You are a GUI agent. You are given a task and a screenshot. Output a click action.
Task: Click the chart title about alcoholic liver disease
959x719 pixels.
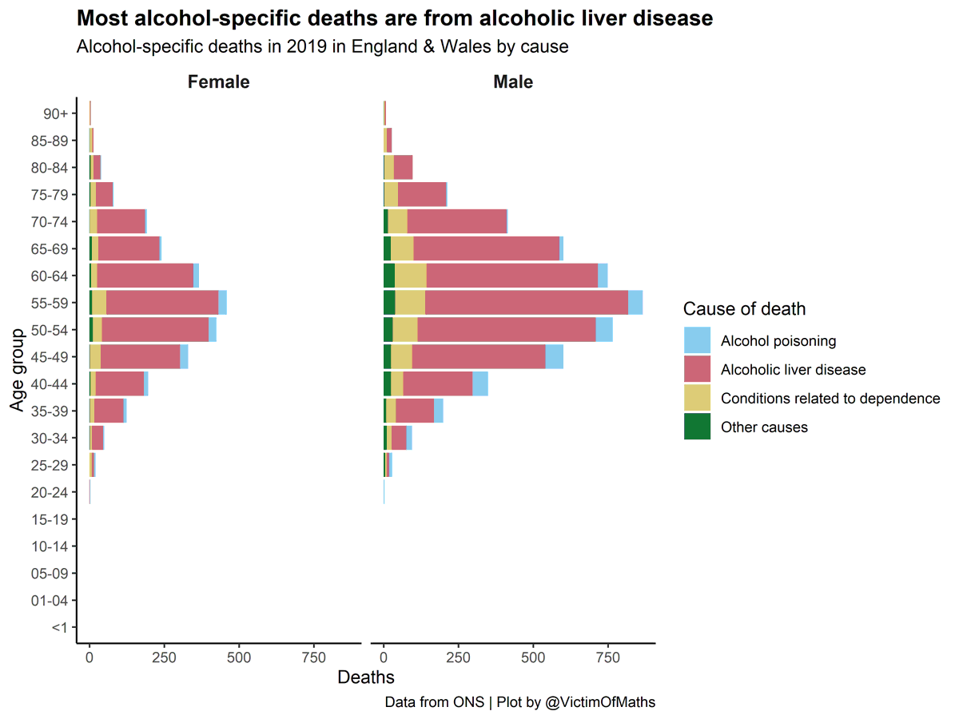394,18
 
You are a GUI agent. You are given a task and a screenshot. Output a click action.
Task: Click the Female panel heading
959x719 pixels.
218,81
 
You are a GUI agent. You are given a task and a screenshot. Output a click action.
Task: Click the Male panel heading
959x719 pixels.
512,81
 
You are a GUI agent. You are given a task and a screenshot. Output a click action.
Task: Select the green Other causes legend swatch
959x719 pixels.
697,427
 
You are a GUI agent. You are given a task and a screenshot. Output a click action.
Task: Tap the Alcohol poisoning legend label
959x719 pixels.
778,341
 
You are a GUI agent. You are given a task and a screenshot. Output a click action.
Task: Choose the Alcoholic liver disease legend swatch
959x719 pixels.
697,369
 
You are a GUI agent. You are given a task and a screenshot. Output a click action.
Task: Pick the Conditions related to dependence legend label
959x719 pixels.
830,399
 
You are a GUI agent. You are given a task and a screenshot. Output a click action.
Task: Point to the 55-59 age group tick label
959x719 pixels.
49,303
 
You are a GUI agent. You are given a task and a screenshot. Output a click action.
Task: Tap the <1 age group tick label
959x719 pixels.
59,628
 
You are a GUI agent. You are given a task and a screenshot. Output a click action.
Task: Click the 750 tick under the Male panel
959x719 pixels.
607,657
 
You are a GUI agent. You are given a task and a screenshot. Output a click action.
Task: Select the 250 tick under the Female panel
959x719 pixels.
164,657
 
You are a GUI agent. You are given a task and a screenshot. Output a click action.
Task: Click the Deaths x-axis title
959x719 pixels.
365,677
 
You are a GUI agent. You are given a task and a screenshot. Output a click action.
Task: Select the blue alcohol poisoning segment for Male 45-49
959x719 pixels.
554,356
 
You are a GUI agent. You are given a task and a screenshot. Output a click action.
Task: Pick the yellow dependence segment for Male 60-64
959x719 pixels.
410,276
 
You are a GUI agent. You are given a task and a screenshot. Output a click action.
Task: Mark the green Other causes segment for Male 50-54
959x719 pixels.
388,330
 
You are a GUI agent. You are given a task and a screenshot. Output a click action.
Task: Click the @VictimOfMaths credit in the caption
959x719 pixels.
599,702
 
